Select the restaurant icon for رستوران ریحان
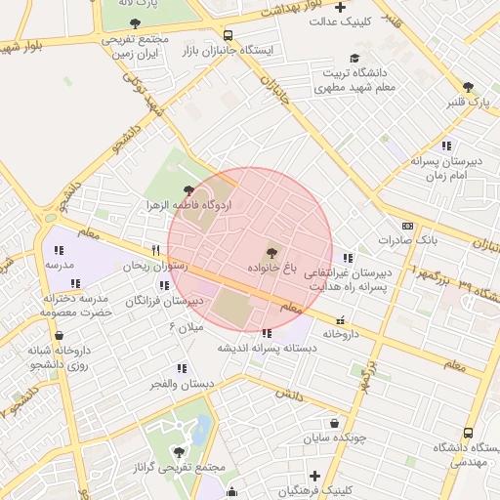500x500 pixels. click(x=154, y=251)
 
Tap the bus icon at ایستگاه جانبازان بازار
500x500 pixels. click(x=228, y=34)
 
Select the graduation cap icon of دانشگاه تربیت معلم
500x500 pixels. click(x=354, y=58)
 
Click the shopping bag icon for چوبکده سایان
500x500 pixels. click(x=336, y=424)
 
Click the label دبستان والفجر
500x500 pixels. click(x=183, y=384)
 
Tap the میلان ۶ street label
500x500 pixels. click(x=187, y=326)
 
